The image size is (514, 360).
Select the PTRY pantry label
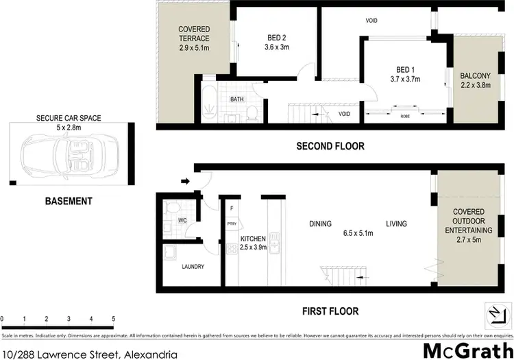coord(232,223)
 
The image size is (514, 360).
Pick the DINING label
coord(320,224)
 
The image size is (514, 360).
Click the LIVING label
coord(396,224)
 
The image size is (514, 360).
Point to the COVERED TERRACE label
coord(194,34)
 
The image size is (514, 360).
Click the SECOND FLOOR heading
coord(330,146)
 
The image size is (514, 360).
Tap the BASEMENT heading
coord(69,201)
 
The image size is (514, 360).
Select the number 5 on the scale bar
coord(113,319)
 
